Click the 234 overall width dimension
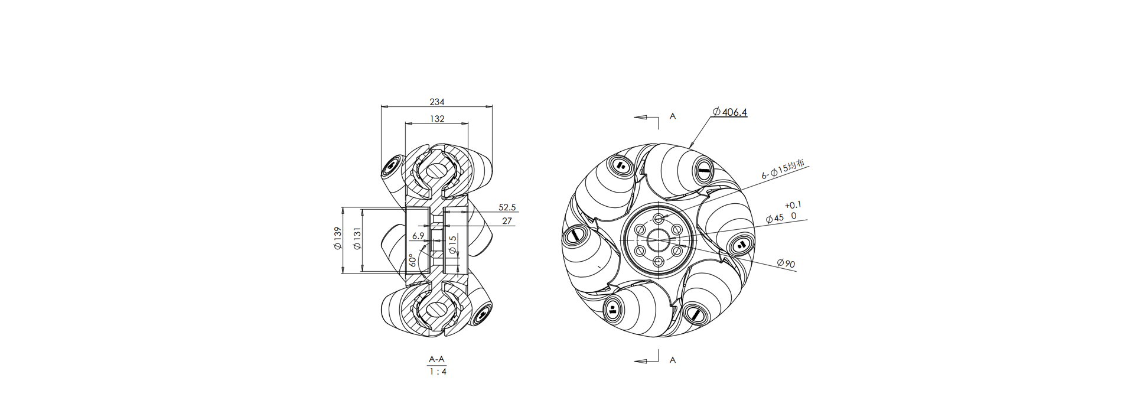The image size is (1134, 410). pyautogui.click(x=437, y=102)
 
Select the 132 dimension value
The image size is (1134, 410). pyautogui.click(x=437, y=119)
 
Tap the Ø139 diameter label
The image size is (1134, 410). pyautogui.click(x=338, y=239)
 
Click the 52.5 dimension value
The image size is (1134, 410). pyautogui.click(x=507, y=207)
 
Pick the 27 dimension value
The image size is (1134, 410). pyautogui.click(x=507, y=222)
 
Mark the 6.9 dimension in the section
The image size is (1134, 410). pyautogui.click(x=418, y=236)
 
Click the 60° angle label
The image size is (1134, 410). pyautogui.click(x=412, y=261)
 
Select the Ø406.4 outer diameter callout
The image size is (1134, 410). pyautogui.click(x=729, y=112)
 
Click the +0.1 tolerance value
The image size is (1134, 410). pyautogui.click(x=793, y=205)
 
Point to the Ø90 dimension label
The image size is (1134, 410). pyautogui.click(x=786, y=263)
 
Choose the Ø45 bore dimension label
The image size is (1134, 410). pyautogui.click(x=775, y=218)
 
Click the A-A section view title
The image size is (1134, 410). pyautogui.click(x=436, y=359)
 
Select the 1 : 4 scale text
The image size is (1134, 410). pyautogui.click(x=437, y=372)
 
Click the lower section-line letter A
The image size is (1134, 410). pyautogui.click(x=673, y=360)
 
